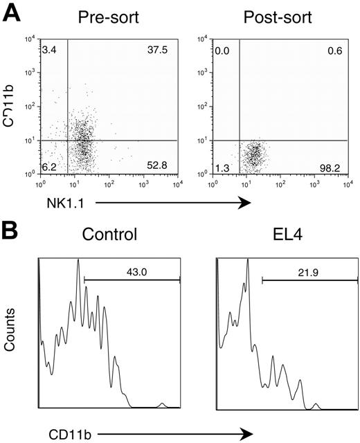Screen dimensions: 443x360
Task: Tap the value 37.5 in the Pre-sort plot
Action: [x=156, y=51]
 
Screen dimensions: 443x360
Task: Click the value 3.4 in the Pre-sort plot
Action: [x=50, y=51]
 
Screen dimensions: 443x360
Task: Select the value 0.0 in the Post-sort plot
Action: [x=223, y=51]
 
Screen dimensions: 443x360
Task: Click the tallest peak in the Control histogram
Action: [x=79, y=261]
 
